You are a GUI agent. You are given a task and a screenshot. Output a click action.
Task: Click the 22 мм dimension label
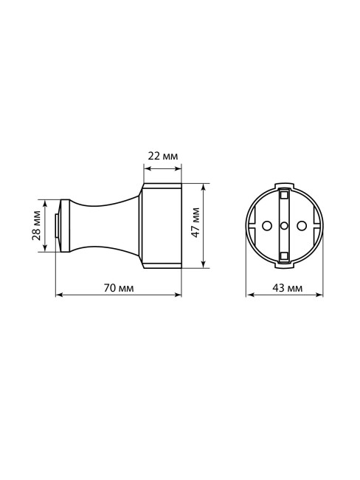[x=162, y=156]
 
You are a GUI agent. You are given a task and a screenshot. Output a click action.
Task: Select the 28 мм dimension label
[x=36, y=225]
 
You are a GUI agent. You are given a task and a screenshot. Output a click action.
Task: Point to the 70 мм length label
[x=118, y=287]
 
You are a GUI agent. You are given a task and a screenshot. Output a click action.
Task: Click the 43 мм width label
[x=284, y=287]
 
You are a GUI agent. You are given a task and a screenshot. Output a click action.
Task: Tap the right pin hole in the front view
[x=301, y=224]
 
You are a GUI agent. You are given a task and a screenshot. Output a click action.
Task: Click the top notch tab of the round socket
[x=284, y=185]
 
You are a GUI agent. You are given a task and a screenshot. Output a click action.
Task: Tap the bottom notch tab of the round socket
[x=284, y=267]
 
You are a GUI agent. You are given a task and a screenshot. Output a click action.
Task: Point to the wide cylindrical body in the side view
[x=162, y=224]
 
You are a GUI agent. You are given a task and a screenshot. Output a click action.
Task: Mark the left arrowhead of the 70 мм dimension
[x=59, y=295]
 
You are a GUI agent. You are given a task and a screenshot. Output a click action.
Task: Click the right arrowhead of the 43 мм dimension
[x=319, y=295]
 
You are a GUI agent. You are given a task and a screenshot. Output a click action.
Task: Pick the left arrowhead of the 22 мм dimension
[x=145, y=165]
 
